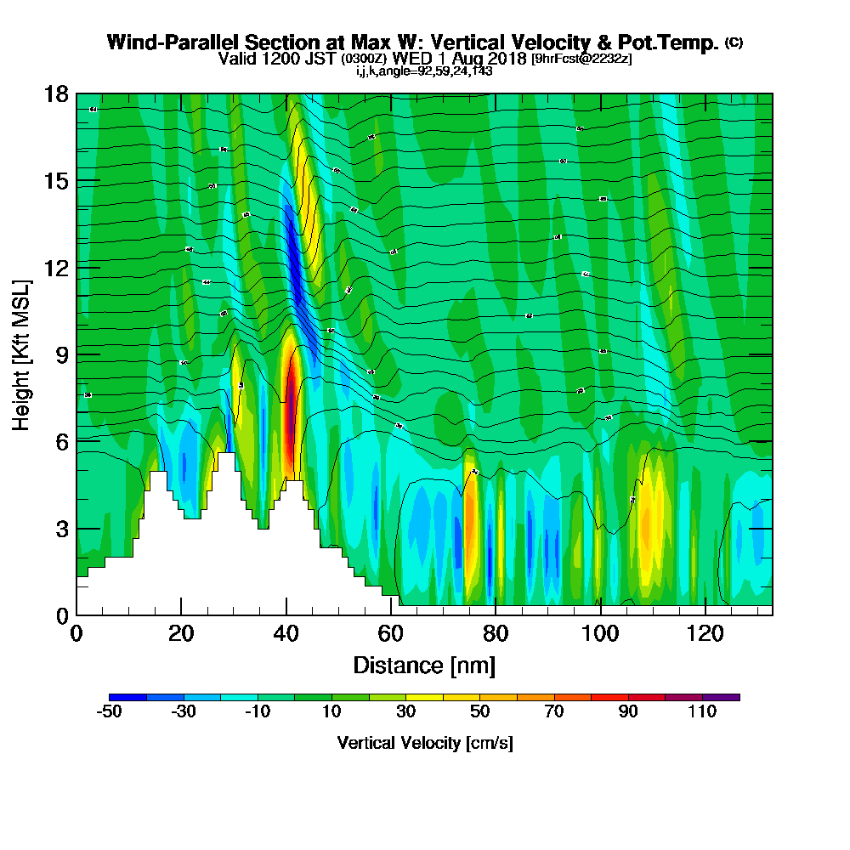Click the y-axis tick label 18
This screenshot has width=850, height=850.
pyautogui.click(x=55, y=93)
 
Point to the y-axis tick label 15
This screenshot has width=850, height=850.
pyautogui.click(x=55, y=181)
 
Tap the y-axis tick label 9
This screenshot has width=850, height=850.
pyautogui.click(x=61, y=354)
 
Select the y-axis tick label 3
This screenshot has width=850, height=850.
pyautogui.click(x=61, y=529)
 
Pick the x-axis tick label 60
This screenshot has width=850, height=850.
pyautogui.click(x=390, y=634)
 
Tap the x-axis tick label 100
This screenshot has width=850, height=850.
pyautogui.click(x=599, y=634)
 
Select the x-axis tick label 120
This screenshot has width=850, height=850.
pyautogui.click(x=705, y=634)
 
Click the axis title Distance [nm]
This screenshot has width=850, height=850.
pyautogui.click(x=424, y=665)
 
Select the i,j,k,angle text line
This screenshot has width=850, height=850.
pyautogui.click(x=424, y=71)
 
